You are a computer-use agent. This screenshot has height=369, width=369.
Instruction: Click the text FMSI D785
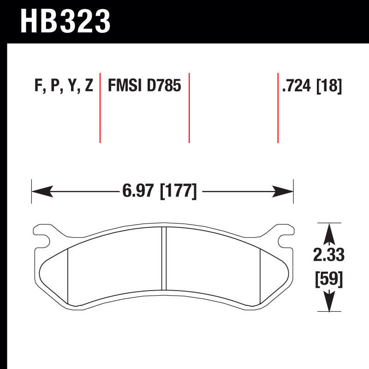[x=144, y=86]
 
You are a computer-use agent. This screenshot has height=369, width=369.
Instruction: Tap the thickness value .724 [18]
[x=312, y=86]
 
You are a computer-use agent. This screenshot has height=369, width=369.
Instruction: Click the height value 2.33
[x=329, y=254]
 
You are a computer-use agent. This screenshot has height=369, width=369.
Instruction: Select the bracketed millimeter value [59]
[x=329, y=280]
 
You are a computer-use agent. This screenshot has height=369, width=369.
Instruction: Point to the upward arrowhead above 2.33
[x=329, y=232]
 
